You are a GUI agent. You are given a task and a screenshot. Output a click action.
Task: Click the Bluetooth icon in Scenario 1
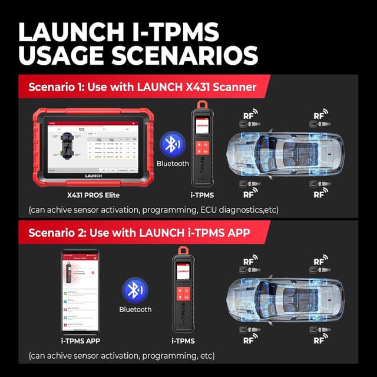172,144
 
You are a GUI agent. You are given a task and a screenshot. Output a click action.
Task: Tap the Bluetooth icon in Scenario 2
135,290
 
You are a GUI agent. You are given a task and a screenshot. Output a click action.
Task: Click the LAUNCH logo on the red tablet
88,176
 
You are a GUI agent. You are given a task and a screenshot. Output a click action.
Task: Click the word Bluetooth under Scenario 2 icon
135,309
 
